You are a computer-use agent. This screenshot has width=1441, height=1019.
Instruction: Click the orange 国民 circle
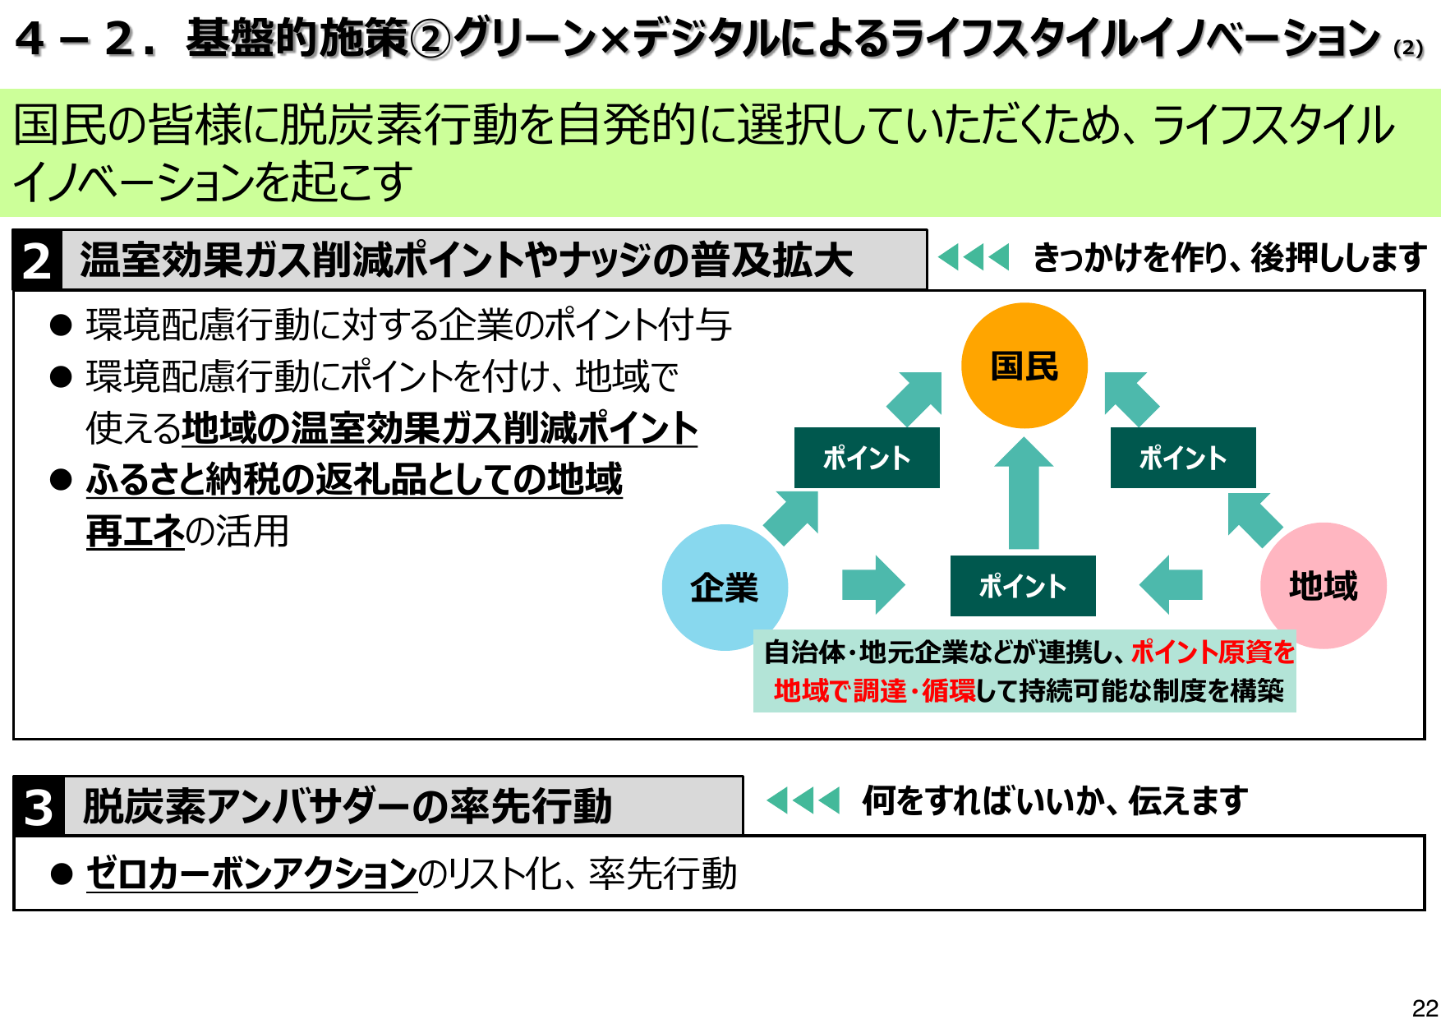point(1024,366)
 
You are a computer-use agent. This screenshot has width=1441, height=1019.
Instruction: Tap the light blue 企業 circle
point(725,588)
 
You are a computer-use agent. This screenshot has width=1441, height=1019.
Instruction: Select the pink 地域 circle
point(1323,585)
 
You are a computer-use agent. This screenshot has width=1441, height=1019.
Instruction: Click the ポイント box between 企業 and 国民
point(867,458)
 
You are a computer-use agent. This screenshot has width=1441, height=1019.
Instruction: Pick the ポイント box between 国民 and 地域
point(1182,458)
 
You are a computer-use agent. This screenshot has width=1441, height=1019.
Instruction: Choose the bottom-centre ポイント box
point(1023,586)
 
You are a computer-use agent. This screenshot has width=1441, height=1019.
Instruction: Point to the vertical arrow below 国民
point(1024,493)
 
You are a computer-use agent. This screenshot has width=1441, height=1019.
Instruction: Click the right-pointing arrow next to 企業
point(872,585)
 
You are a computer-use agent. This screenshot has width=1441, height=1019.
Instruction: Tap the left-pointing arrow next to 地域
point(1172,585)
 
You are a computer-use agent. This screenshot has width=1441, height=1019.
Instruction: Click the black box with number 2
point(37,261)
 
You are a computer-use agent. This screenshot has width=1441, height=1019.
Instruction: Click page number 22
point(1425,1007)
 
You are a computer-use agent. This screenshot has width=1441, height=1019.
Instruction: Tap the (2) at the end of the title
point(1408,48)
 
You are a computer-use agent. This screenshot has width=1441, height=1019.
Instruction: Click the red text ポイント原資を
point(1213,652)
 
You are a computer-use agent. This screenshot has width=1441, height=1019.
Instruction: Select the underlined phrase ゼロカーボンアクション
point(251,873)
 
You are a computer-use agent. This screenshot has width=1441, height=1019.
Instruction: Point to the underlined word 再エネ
point(135,531)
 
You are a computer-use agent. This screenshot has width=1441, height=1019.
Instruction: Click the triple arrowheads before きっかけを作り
point(973,257)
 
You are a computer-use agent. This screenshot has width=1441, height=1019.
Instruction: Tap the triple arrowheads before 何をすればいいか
point(803,800)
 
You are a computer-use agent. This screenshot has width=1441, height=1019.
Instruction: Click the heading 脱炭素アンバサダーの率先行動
point(348,806)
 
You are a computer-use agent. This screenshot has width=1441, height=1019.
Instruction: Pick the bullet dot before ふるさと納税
point(61,479)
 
